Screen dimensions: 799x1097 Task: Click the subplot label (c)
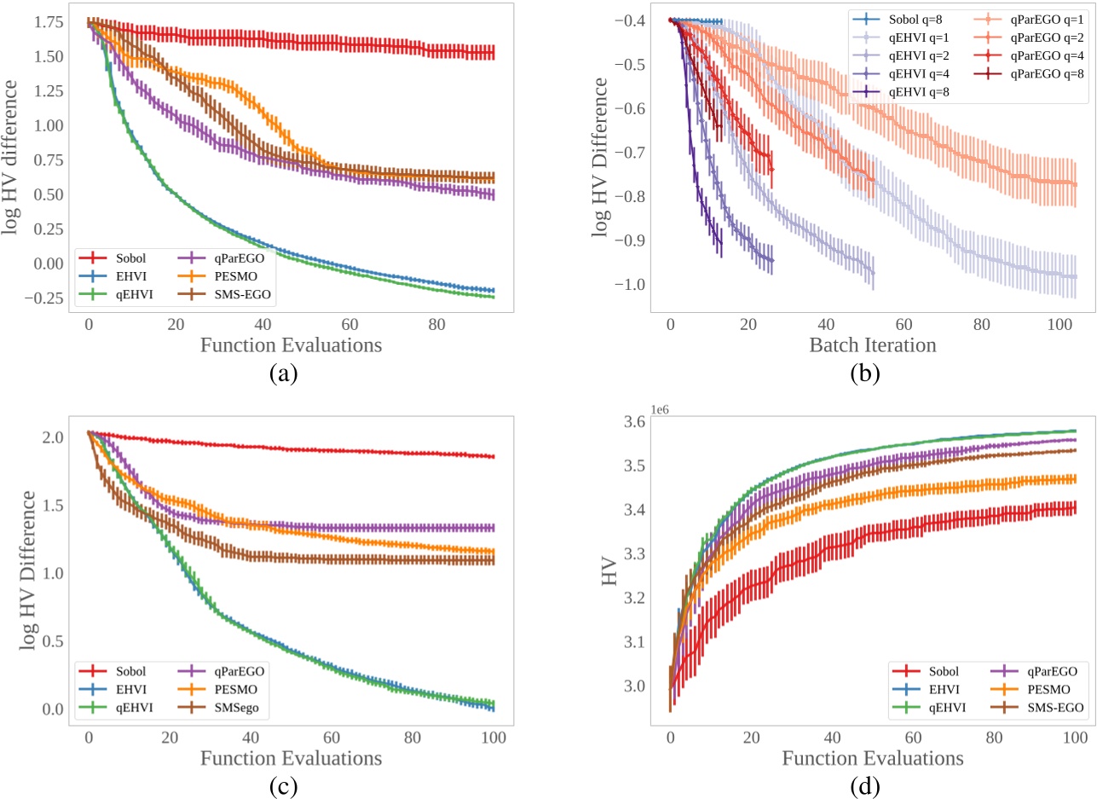(282, 782)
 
